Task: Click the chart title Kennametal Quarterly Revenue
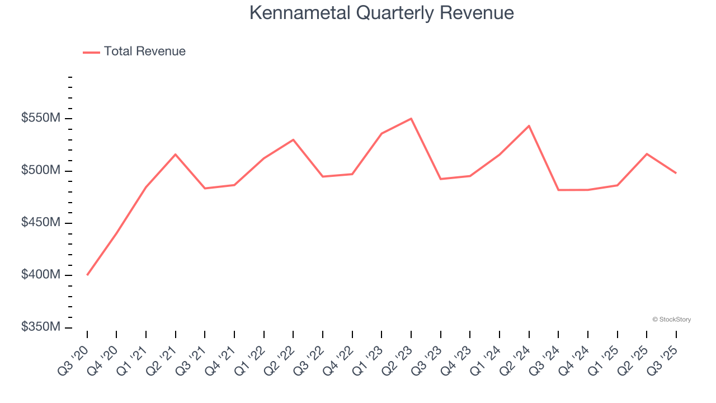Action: click(x=381, y=13)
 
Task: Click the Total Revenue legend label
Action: click(x=144, y=51)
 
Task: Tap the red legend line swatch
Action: click(x=91, y=52)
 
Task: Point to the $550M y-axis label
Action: click(x=41, y=119)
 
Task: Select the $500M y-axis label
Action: click(x=41, y=171)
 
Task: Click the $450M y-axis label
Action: click(x=41, y=223)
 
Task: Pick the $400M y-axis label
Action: click(x=41, y=275)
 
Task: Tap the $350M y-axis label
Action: click(x=41, y=327)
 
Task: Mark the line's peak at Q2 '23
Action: click(x=411, y=119)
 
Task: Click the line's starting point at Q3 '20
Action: click(x=87, y=275)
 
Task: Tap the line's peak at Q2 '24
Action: click(x=529, y=126)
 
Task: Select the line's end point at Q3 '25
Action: click(x=676, y=173)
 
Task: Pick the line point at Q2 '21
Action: click(x=176, y=154)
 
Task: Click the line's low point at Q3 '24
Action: click(x=558, y=190)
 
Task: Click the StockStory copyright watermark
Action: click(x=671, y=320)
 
